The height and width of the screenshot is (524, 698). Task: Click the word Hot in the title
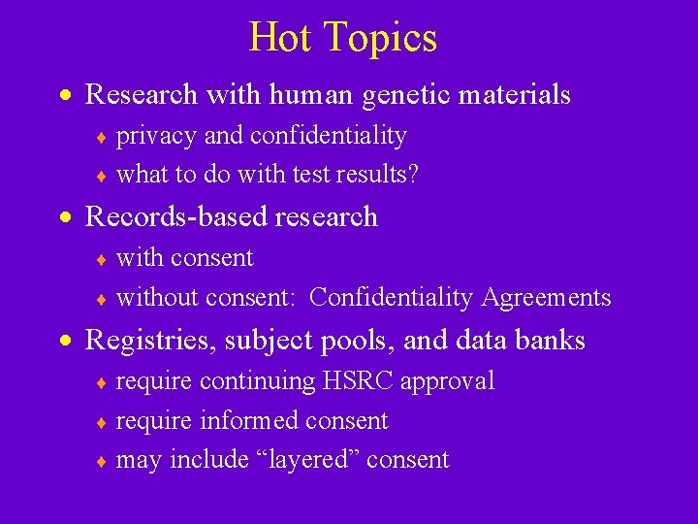tap(282, 38)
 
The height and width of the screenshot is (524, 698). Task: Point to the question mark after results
tap(413, 176)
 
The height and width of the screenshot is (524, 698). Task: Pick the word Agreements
tap(555, 298)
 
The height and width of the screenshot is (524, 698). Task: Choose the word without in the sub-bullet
tap(158, 298)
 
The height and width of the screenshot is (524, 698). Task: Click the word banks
tap(552, 341)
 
